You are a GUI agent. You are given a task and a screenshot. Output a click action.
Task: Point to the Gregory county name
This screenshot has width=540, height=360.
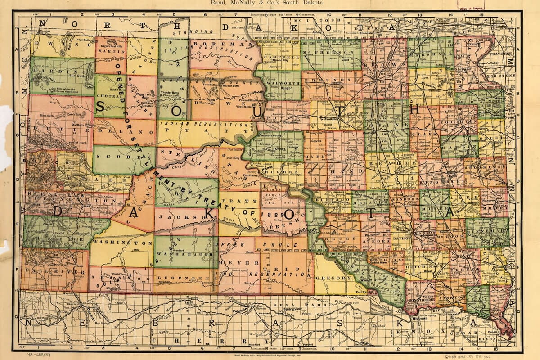pos(330,278)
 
